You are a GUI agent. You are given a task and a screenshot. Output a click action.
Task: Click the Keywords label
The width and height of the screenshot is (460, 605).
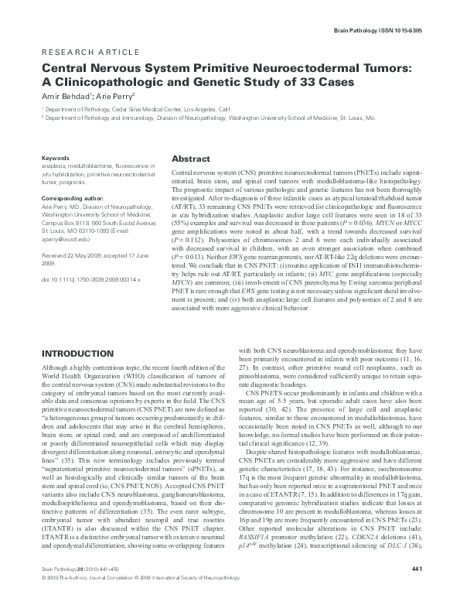click(x=56, y=158)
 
